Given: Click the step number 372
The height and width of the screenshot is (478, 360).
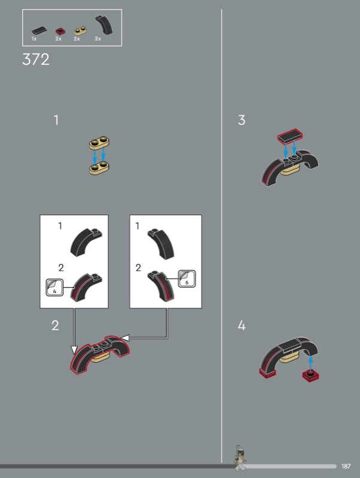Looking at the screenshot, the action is [x=36, y=59].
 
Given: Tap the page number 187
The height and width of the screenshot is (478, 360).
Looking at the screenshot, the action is [x=346, y=466].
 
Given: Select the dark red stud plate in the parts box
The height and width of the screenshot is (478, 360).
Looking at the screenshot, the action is [x=60, y=31].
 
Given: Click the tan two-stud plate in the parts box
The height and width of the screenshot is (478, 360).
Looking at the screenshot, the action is [x=80, y=31].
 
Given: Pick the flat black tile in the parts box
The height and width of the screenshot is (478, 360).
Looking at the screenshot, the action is [x=39, y=30].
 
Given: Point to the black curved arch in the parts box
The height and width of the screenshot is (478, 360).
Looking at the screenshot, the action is [x=103, y=24].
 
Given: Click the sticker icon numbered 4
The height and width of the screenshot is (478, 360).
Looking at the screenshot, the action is [x=54, y=287].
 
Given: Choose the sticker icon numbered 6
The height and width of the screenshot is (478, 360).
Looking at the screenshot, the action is [x=187, y=278].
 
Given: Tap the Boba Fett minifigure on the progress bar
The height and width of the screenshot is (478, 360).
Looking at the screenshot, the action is [x=240, y=457].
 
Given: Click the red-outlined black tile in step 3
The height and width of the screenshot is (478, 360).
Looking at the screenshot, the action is [x=290, y=136].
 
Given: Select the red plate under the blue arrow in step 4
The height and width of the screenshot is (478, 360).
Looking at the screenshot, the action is [x=310, y=376].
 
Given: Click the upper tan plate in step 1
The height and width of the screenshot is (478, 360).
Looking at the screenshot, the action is [x=99, y=143].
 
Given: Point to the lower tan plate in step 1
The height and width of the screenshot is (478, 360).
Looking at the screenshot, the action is [x=99, y=168].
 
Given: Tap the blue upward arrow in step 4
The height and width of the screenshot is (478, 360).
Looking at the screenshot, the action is [x=310, y=363].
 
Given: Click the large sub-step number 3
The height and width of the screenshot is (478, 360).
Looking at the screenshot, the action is [x=242, y=120].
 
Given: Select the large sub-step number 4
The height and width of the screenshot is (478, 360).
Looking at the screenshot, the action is [x=242, y=326].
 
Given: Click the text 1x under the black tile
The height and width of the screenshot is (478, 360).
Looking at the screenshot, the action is [x=34, y=39].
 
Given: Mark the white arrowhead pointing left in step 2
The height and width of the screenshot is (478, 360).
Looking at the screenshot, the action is [x=126, y=338].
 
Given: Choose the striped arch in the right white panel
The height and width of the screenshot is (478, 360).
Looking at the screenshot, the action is [x=161, y=286].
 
